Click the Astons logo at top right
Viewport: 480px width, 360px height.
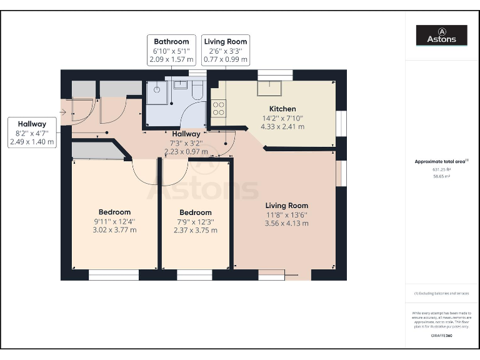[442, 36]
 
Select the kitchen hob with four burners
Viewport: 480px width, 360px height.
[219, 109]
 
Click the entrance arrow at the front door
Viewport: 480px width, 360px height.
[64, 113]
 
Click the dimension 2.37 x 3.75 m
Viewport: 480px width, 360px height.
[195, 230]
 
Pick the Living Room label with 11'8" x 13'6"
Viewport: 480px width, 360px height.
[286, 206]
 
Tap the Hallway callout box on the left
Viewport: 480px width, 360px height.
[32, 132]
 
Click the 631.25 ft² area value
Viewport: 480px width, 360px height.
[441, 169]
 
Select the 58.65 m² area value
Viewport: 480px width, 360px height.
[441, 176]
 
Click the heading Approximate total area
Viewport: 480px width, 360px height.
[441, 161]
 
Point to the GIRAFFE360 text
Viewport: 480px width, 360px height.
[441, 336]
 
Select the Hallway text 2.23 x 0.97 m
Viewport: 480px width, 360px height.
[186, 151]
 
